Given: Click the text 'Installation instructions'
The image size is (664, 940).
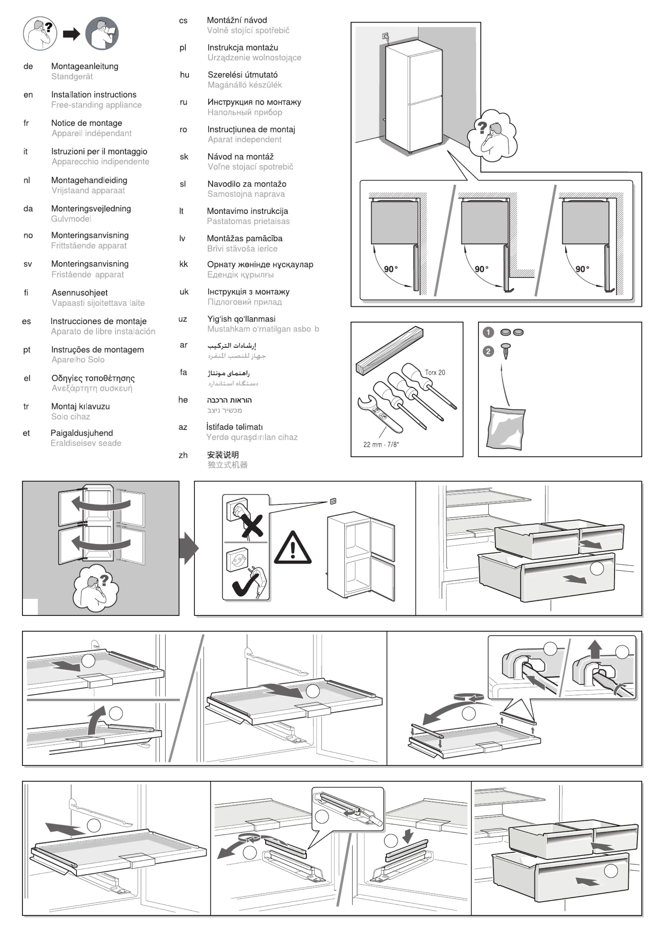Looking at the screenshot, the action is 94,94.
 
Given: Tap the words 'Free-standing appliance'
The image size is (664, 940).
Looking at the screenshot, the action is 96,105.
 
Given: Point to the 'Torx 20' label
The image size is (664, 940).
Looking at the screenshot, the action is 434,372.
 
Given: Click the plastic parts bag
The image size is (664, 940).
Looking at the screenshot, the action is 506,428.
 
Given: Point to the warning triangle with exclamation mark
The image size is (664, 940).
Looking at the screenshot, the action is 293,549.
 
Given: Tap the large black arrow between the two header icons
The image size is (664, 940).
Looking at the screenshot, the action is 71,34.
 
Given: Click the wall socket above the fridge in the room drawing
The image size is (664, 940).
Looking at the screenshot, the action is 385,36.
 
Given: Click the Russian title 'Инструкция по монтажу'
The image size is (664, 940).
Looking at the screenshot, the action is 254,102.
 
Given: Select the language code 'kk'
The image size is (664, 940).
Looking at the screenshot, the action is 184,264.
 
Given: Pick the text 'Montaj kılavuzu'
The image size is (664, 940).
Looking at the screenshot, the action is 80,406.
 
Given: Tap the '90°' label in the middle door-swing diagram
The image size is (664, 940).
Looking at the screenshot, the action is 481,269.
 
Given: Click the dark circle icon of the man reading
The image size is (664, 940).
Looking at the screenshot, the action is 102,33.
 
